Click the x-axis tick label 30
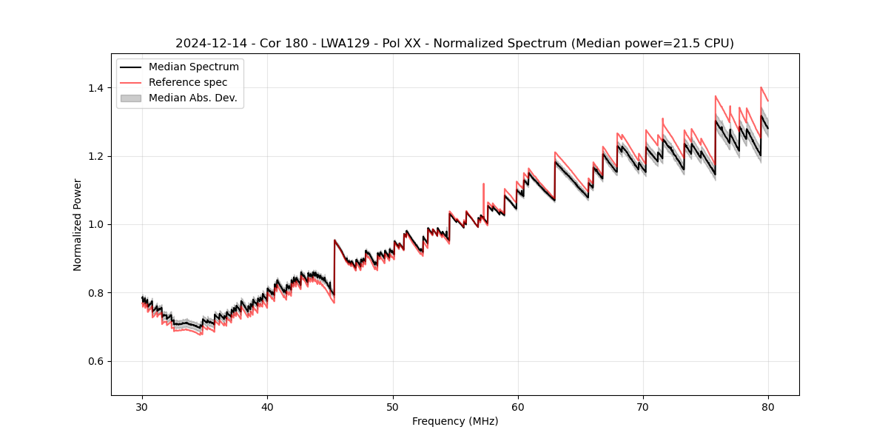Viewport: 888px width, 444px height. (142, 406)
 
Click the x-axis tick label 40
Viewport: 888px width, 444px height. (267, 406)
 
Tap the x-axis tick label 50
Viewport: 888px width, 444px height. (393, 406)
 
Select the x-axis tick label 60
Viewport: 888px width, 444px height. (518, 406)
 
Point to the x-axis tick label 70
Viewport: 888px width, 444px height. (643, 406)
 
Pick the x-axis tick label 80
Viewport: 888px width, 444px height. (768, 406)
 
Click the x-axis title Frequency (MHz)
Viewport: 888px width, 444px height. (455, 421)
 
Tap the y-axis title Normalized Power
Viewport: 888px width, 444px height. (78, 224)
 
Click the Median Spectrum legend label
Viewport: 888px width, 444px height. (194, 67)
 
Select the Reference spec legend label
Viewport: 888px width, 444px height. (188, 82)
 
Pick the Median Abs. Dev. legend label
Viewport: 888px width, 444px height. (193, 98)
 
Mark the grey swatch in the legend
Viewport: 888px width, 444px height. (131, 98)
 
